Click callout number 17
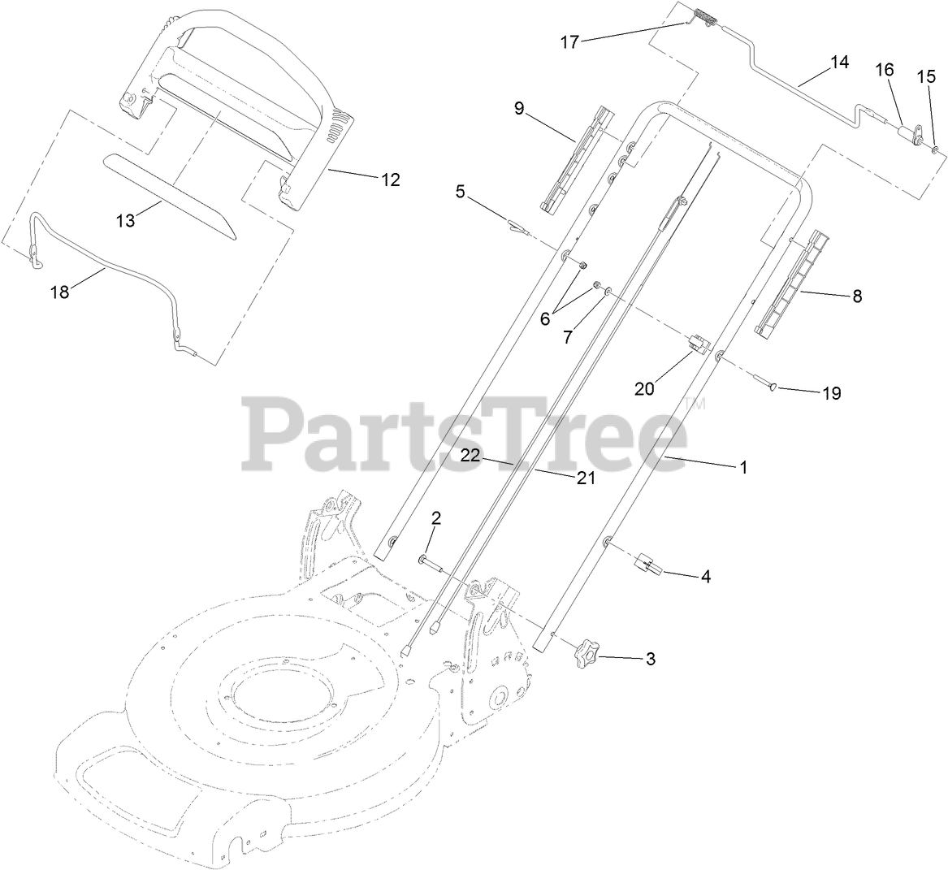569,42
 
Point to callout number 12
390,180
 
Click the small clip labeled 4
648,563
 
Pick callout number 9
519,109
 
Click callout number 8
856,296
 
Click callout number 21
586,478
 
